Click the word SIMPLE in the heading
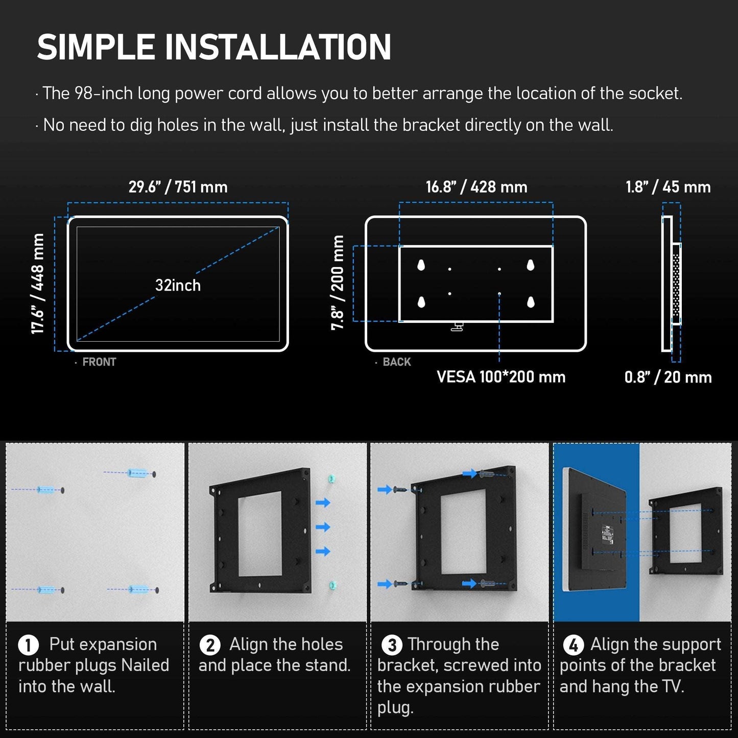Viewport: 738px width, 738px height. pyautogui.click(x=96, y=46)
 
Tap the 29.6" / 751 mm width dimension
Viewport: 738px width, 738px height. pyautogui.click(x=178, y=187)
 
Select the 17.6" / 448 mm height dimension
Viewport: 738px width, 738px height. pyautogui.click(x=37, y=283)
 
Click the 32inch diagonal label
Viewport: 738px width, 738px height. pyautogui.click(x=178, y=285)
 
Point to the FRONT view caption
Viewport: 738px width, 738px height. pyautogui.click(x=99, y=362)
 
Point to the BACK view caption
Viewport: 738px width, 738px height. pyautogui.click(x=397, y=362)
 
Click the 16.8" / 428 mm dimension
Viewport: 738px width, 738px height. pyautogui.click(x=477, y=187)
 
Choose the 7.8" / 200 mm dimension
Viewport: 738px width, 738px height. pyautogui.click(x=338, y=282)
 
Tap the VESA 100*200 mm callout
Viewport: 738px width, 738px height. pyautogui.click(x=501, y=377)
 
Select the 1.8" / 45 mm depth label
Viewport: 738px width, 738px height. pyautogui.click(x=668, y=187)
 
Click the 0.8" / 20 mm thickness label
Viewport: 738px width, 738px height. pyautogui.click(x=668, y=377)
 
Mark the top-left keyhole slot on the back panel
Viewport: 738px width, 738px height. pyautogui.click(x=421, y=265)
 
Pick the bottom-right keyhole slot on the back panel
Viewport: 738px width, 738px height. pyautogui.click(x=531, y=302)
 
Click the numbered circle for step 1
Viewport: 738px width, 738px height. pyautogui.click(x=28, y=645)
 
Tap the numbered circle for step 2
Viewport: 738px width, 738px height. pyautogui.click(x=210, y=645)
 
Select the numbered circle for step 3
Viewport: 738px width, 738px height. pyautogui.click(x=392, y=645)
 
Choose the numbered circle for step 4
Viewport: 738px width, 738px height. pyautogui.click(x=574, y=645)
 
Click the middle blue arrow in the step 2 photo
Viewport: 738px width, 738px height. pyautogui.click(x=323, y=527)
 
